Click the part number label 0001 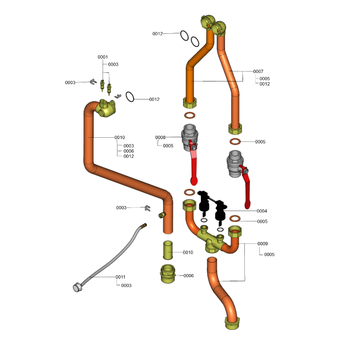point(103,57)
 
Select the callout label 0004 point(262,211)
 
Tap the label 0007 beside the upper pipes point(258,72)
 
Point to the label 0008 point(160,137)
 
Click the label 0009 point(263,244)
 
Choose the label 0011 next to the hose point(121,277)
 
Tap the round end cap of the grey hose point(77,287)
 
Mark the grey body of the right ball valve point(235,162)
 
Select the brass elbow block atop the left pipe point(107,108)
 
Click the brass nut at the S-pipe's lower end point(234,323)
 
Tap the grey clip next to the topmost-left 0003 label point(94,81)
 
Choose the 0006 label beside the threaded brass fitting point(188,275)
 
